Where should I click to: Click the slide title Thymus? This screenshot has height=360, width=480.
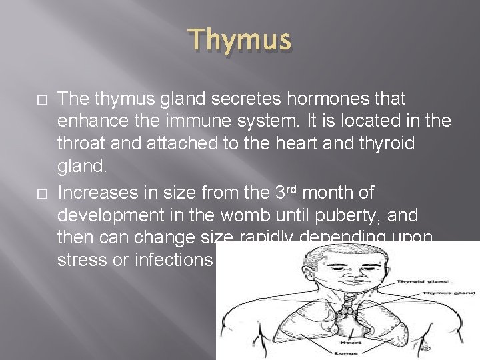[240, 40]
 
